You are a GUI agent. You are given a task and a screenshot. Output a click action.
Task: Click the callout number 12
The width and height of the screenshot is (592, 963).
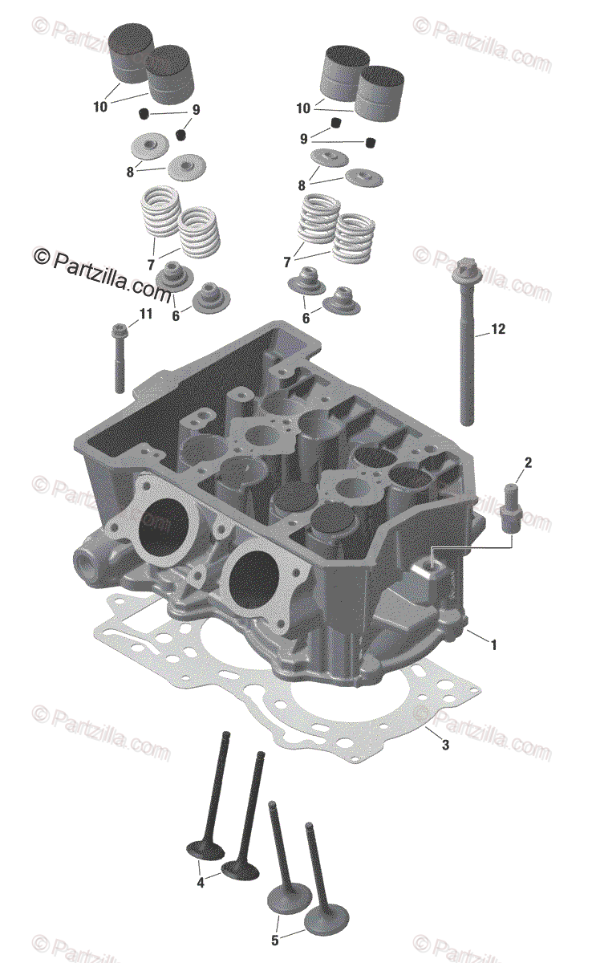point(498,329)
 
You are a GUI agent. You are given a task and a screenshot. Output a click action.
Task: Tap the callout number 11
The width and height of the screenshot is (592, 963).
point(146,315)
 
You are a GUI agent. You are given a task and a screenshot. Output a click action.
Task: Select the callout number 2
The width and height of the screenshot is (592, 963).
point(528,462)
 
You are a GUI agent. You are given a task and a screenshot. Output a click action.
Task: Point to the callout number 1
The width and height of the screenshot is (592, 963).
point(494,657)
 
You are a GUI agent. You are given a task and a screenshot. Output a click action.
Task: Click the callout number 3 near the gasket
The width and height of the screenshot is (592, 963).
point(445,745)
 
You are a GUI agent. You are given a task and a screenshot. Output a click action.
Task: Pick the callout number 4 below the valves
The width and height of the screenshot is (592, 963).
point(201,883)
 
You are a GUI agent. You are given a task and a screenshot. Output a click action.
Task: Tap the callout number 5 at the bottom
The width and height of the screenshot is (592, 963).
point(275,941)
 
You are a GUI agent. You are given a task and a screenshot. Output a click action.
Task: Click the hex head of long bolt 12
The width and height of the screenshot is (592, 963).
point(467,269)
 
